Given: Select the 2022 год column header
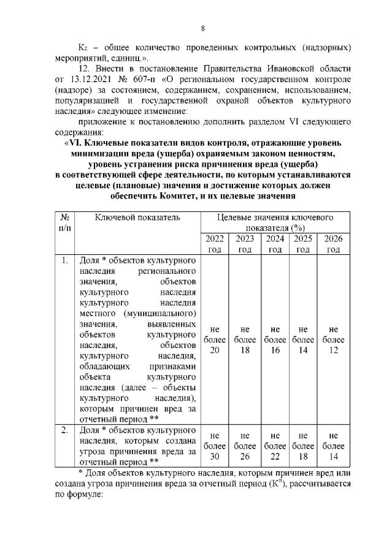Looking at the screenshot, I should pos(213,244).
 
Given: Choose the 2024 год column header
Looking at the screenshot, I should pos(275,244).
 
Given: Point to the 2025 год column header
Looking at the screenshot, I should pos(302,244).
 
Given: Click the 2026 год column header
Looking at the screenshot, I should pos(333,244).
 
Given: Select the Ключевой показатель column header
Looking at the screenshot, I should pos(137,218).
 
